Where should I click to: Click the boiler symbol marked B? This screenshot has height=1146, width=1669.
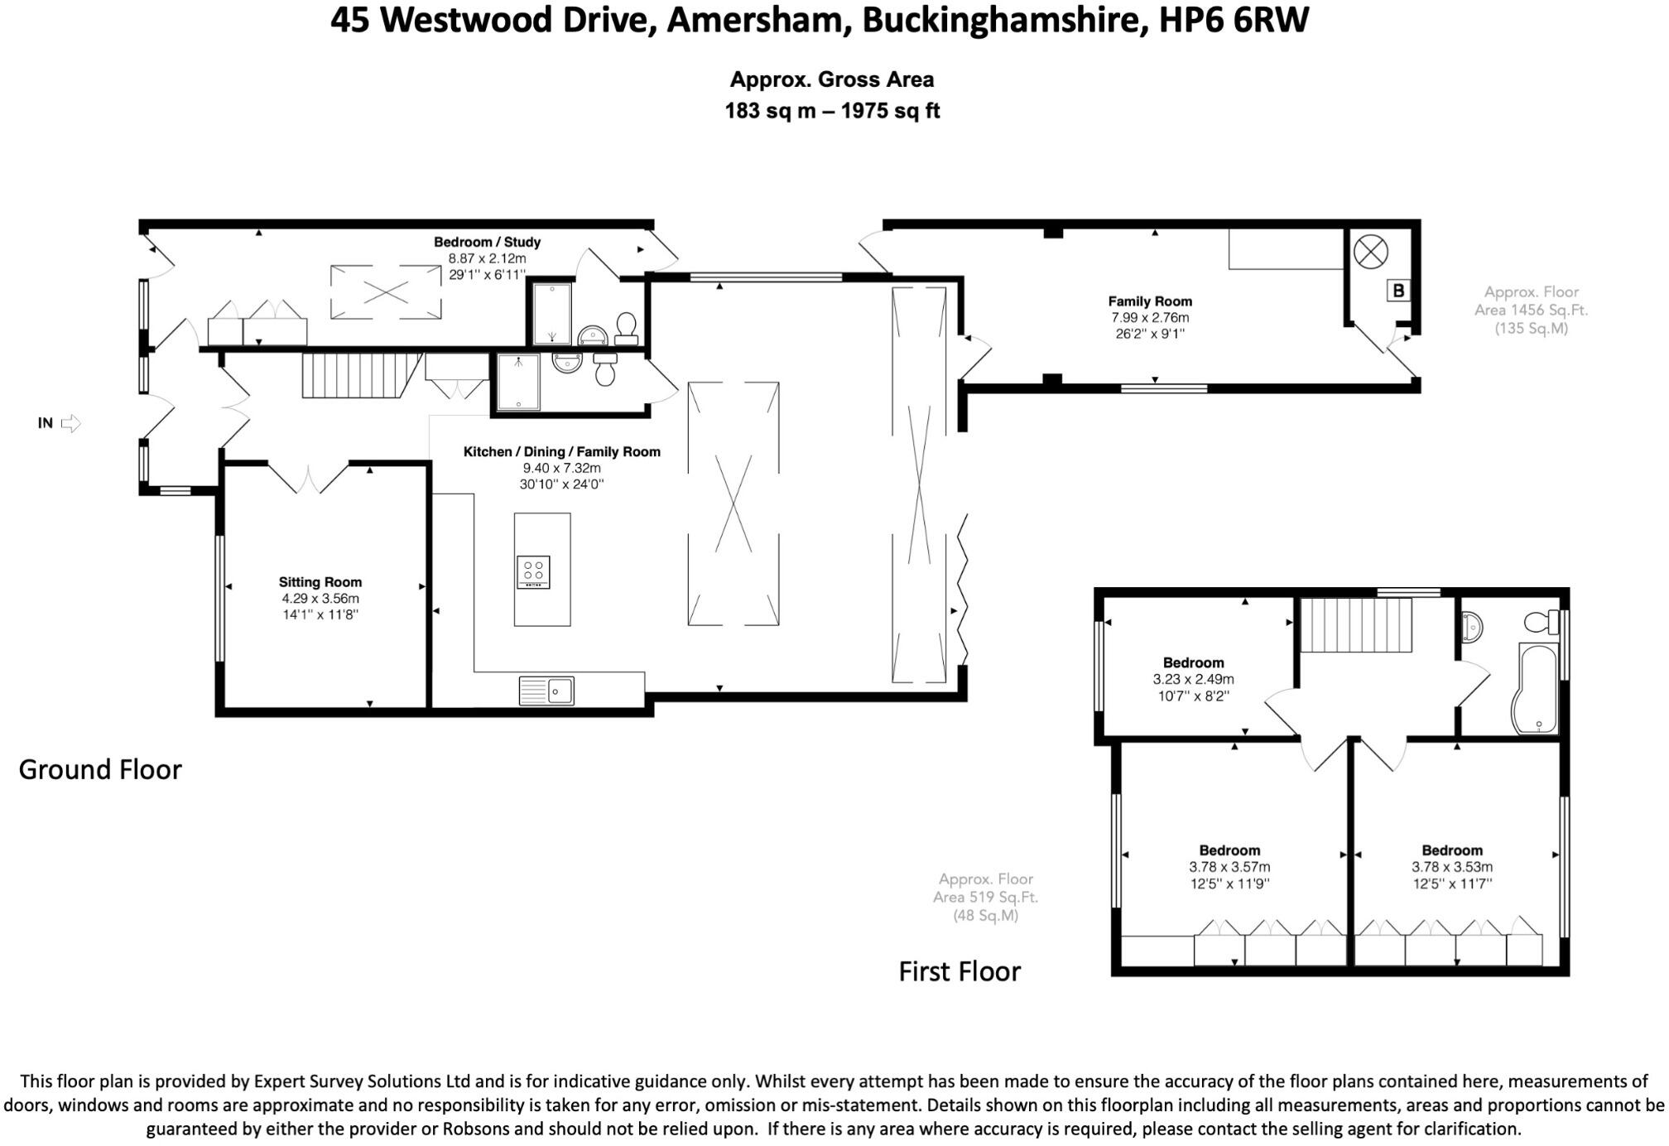click(1398, 291)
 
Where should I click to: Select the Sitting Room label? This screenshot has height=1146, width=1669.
click(320, 582)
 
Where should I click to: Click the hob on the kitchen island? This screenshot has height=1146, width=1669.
click(533, 572)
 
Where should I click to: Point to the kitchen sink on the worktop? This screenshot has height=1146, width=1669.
click(546, 691)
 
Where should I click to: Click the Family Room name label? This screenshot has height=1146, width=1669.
click(1150, 301)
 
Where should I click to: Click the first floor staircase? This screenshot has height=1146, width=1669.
click(1355, 624)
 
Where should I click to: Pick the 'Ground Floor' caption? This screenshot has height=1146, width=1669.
click(100, 769)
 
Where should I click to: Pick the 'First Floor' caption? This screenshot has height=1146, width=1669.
click(960, 971)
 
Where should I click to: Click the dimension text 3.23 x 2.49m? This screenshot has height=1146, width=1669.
click(1193, 679)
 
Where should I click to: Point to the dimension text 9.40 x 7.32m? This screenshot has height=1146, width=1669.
click(561, 468)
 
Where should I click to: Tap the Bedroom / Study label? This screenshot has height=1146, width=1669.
click(487, 242)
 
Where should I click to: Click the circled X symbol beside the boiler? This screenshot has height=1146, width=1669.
click(1370, 251)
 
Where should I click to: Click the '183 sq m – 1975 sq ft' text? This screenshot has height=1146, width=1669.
click(832, 111)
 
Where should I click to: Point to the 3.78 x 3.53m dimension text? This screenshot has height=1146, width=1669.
click(1452, 867)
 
